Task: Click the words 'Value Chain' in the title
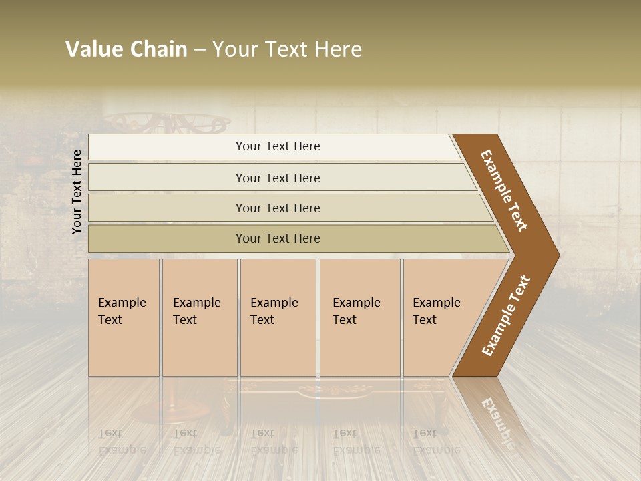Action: pos(126,49)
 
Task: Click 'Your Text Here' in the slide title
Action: pos(287,49)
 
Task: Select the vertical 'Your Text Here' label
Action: pos(77,192)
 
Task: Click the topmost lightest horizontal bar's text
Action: pos(278,146)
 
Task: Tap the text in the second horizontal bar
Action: pos(278,178)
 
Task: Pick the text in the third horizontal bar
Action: pos(278,208)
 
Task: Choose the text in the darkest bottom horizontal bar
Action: pos(278,238)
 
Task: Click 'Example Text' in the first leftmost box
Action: pos(122,311)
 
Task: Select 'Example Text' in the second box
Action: pos(196,311)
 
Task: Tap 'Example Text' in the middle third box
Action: pos(274,311)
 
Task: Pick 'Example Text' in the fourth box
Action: pos(356,311)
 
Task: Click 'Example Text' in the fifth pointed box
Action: pos(436,311)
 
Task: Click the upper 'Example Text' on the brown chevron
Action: pos(504,190)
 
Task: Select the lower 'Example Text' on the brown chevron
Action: pos(506,316)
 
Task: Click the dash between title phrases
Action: pos(200,50)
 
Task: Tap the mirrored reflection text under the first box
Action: pos(122,441)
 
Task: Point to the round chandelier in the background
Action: pos(167,123)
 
